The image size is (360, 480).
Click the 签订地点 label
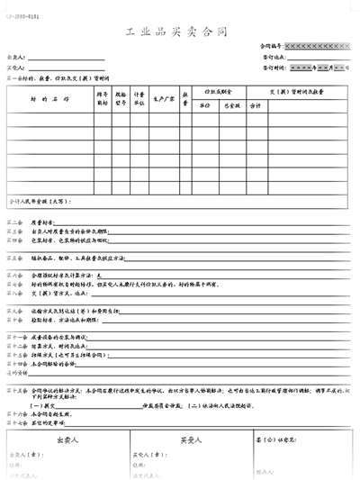(274, 56)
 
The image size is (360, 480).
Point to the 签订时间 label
(274, 67)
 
